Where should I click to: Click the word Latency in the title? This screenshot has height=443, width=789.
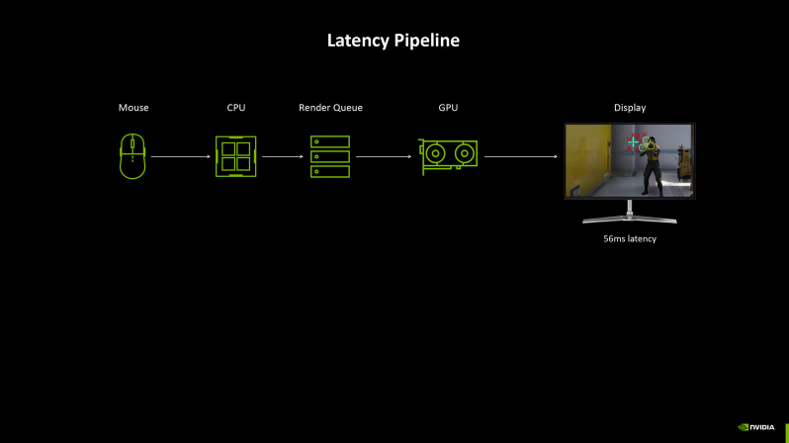(x=360, y=41)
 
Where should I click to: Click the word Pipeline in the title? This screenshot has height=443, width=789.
(x=428, y=42)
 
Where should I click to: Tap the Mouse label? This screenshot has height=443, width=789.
(x=133, y=107)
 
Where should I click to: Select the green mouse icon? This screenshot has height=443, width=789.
(x=133, y=156)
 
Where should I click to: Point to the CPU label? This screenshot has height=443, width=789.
(x=235, y=107)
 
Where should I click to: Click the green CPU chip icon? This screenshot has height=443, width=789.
(x=235, y=156)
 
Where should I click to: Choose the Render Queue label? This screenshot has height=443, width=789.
(x=330, y=107)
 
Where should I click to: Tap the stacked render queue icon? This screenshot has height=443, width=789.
(x=330, y=156)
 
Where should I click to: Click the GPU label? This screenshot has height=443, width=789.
(x=448, y=107)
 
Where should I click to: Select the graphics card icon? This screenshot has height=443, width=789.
(x=448, y=155)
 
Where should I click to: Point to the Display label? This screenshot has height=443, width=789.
(x=630, y=107)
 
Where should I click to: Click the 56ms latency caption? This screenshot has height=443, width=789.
(x=630, y=239)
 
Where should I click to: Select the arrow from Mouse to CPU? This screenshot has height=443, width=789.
(x=181, y=156)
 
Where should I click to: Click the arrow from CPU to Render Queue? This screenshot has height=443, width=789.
(x=282, y=156)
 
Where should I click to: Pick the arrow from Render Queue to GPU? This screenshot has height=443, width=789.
(x=384, y=156)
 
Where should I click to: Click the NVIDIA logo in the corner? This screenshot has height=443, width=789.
(x=757, y=427)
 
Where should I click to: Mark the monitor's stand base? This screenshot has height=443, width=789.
(x=630, y=219)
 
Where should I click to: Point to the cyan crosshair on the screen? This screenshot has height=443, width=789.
(x=634, y=142)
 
